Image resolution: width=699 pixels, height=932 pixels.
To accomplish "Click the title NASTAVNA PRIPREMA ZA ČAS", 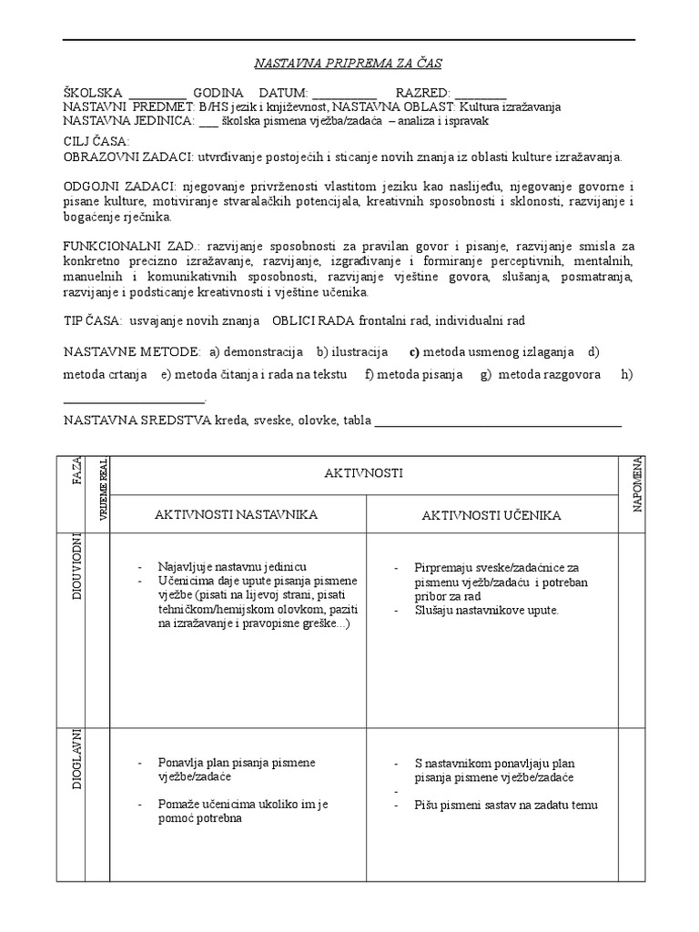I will [349, 63].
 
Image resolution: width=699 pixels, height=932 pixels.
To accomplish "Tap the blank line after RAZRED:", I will [481, 95].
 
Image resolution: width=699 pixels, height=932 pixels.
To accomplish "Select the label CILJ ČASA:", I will [96, 142].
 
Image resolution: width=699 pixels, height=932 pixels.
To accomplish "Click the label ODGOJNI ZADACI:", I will [119, 186].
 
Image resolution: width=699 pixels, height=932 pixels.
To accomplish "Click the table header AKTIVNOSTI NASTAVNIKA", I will [236, 515].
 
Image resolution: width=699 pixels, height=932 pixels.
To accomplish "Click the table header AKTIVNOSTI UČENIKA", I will [491, 516].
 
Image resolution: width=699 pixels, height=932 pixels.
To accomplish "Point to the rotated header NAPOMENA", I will [638, 484].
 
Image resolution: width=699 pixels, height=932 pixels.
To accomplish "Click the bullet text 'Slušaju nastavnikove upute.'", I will [486, 610].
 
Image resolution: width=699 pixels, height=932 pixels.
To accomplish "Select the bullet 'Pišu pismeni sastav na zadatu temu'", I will [505, 805].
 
